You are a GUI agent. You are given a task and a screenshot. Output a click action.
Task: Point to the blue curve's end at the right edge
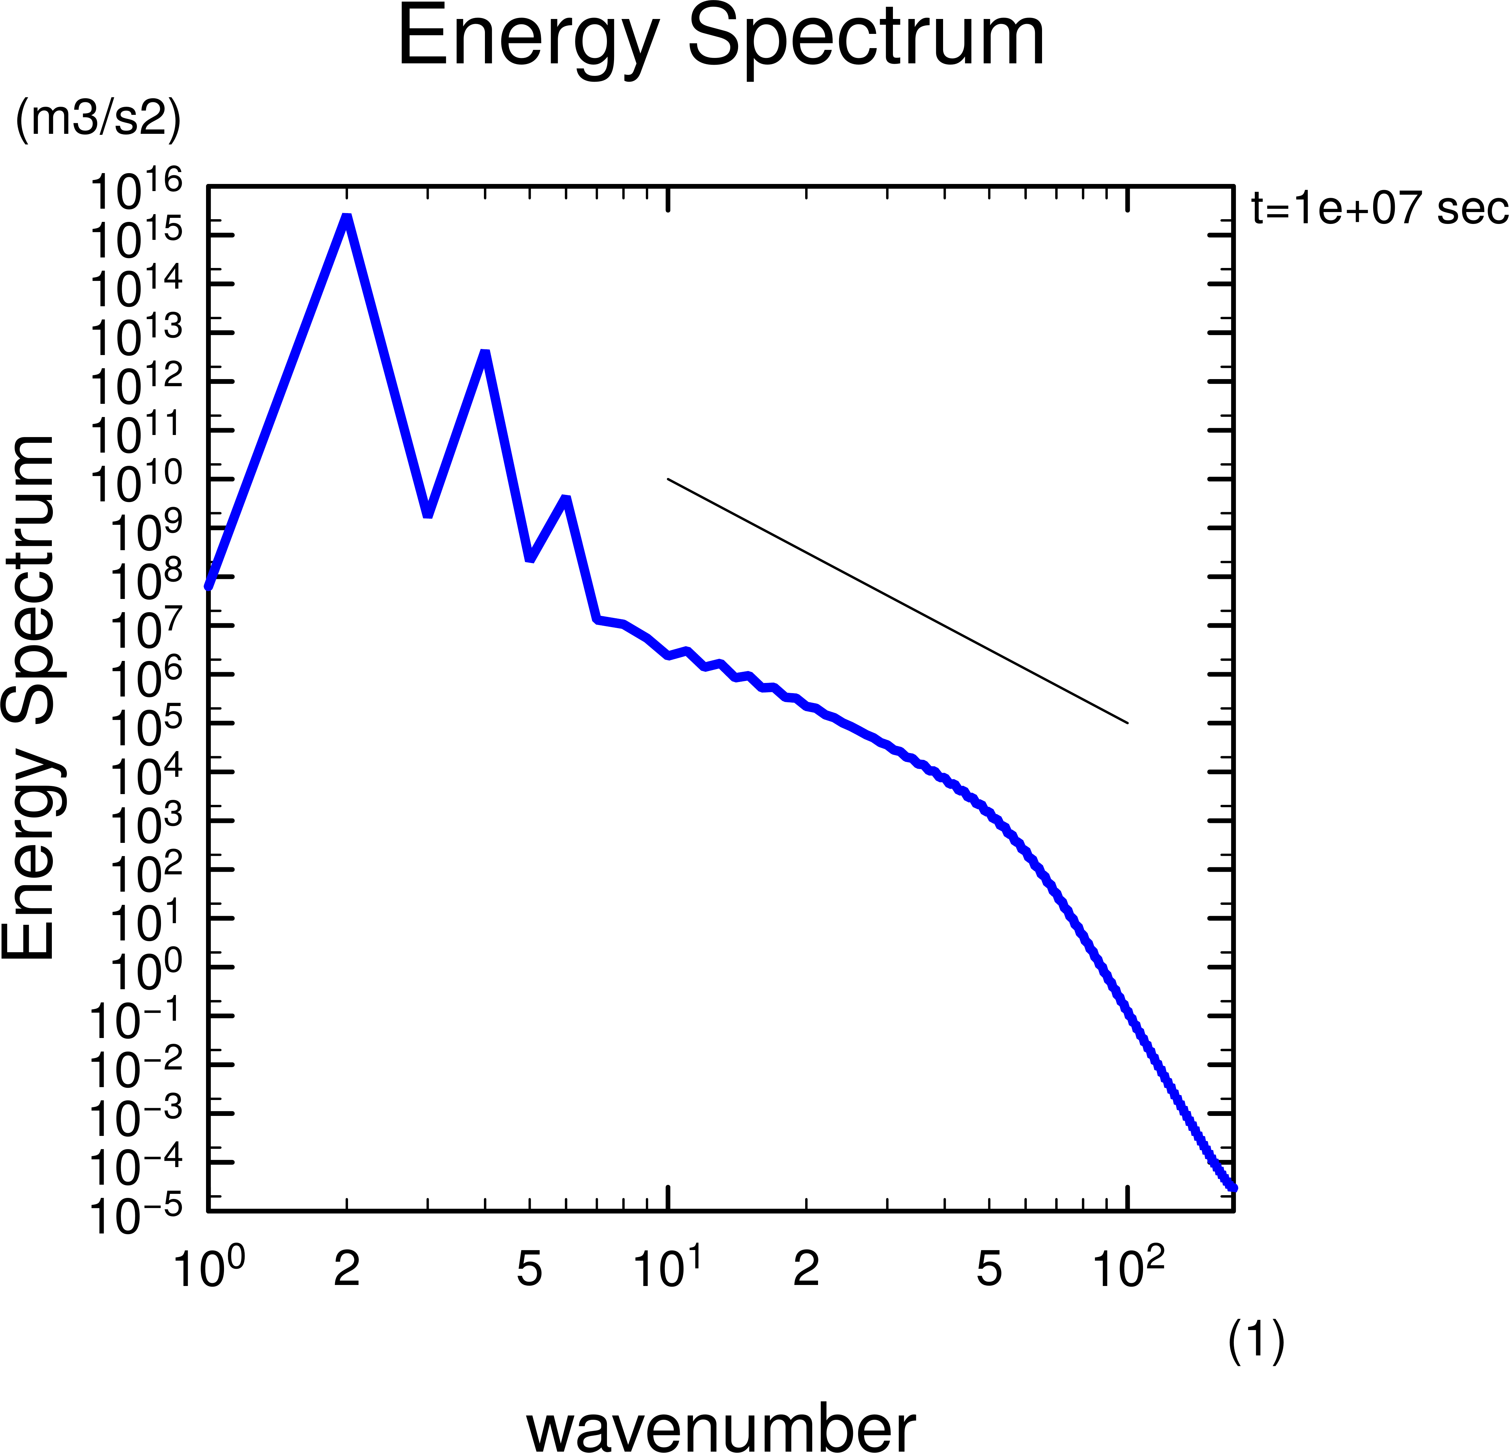click(x=1232, y=1187)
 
